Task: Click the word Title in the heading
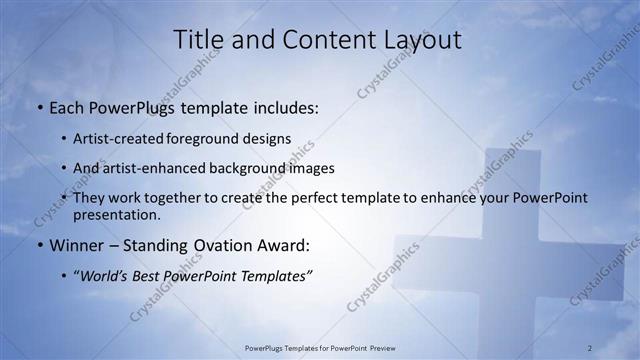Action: click(198, 40)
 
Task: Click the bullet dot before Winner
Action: click(39, 245)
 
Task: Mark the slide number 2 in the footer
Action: click(590, 347)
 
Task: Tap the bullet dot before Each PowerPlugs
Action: click(39, 106)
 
